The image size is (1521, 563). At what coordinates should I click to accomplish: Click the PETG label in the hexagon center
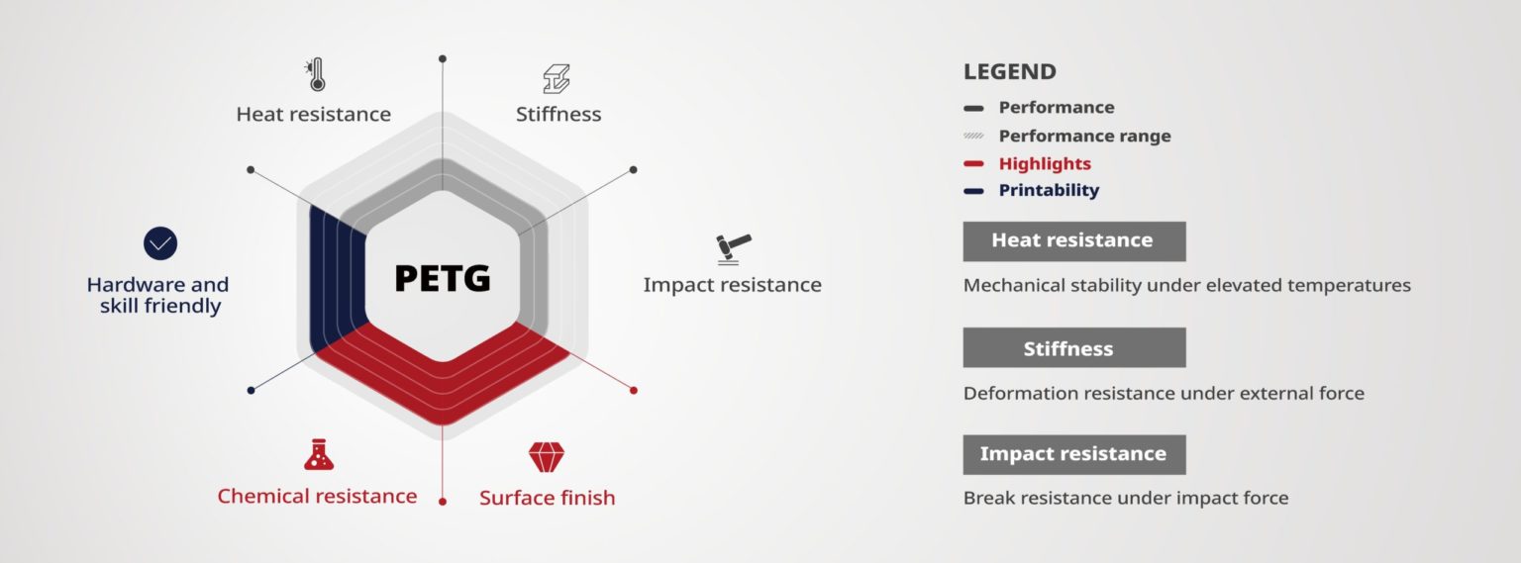point(443,278)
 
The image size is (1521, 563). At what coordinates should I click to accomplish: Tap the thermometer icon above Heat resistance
point(315,75)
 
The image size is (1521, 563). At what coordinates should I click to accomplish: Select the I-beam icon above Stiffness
point(557,79)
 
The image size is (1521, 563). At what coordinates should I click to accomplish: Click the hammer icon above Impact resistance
point(733,248)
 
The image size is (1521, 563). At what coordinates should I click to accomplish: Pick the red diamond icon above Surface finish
point(547,457)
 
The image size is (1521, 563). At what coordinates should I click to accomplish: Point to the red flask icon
point(318,454)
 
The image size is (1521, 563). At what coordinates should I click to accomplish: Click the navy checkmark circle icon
point(159,243)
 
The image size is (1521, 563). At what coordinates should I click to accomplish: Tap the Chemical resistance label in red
point(317,496)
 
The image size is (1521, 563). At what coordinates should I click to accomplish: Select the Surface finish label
point(547,498)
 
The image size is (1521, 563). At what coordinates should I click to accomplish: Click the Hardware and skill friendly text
point(158,295)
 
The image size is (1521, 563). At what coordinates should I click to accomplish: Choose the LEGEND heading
point(1009,72)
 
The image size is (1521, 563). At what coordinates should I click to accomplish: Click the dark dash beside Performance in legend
point(973,108)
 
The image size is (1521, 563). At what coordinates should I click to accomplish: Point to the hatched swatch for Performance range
point(973,136)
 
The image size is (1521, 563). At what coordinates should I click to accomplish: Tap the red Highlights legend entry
point(1044,163)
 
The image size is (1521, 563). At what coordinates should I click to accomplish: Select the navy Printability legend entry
point(1048,190)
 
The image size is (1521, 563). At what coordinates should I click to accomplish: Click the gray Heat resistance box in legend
point(1073,240)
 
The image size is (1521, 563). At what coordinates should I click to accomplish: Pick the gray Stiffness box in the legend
point(1073,348)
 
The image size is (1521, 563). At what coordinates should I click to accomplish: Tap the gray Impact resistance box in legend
point(1073,454)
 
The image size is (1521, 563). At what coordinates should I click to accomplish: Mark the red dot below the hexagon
point(443,502)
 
